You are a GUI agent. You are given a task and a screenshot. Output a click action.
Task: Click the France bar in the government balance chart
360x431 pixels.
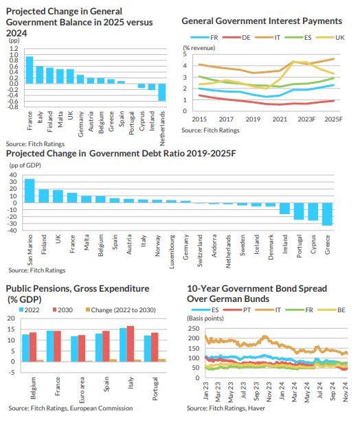[x=30, y=70]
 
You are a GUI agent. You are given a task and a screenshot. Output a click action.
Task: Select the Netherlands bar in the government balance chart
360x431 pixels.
[x=162, y=93]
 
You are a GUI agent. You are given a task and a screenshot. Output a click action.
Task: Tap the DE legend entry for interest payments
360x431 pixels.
[x=237, y=38]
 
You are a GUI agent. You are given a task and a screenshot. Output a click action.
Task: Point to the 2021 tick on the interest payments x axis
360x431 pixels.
[x=280, y=119]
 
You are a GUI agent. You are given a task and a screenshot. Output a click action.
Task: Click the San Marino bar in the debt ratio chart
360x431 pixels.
[x=30, y=191]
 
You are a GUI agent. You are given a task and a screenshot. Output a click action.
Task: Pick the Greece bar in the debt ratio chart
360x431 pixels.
[x=328, y=214]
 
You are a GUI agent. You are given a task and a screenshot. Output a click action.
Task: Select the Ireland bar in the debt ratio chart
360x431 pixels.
[x=285, y=209]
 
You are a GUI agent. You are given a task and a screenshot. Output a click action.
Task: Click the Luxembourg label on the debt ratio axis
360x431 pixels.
[x=172, y=251]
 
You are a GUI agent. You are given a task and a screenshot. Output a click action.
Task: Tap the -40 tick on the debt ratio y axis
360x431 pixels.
[x=13, y=231]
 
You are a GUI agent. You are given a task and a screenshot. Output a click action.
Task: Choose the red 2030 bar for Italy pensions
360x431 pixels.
[x=131, y=344]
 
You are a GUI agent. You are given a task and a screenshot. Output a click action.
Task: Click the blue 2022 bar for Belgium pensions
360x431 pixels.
[x=25, y=348]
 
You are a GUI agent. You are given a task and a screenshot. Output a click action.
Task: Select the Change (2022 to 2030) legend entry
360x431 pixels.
[x=121, y=310]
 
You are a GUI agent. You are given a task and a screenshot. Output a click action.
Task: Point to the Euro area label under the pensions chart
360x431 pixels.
[x=82, y=390]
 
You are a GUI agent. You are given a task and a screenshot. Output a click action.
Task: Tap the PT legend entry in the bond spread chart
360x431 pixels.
[x=237, y=310]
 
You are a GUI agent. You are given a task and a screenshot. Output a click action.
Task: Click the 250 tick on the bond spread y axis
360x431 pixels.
[x=194, y=329]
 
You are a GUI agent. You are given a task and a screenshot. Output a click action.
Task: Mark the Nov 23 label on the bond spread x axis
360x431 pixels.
[x=269, y=392]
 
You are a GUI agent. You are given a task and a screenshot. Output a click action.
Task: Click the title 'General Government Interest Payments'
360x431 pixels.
[x=262, y=21]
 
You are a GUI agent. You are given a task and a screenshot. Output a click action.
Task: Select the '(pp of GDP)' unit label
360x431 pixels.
[x=25, y=165]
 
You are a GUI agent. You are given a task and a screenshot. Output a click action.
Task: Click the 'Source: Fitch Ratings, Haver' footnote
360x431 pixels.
[x=226, y=408]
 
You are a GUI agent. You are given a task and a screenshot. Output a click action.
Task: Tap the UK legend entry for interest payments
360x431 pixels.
[x=330, y=38]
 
